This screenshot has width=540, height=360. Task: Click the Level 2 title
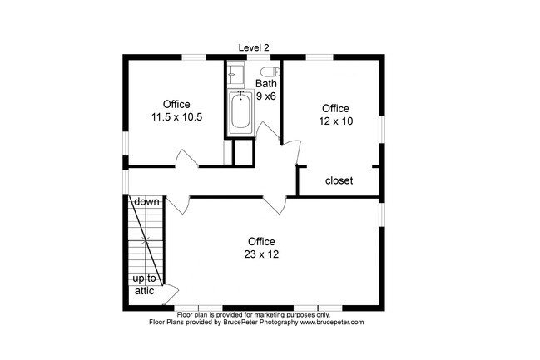(x=254, y=47)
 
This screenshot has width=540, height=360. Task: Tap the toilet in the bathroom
(x=270, y=72)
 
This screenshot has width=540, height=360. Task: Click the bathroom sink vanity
(x=235, y=74)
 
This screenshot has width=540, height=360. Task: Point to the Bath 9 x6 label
(x=266, y=90)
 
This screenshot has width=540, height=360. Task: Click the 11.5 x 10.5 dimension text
(x=176, y=117)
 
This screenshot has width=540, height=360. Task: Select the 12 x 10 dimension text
(x=336, y=121)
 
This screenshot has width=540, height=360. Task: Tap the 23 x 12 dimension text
(x=261, y=254)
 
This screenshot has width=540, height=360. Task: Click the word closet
(x=339, y=180)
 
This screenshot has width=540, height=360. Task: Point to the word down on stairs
(x=146, y=201)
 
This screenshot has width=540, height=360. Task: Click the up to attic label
(x=144, y=284)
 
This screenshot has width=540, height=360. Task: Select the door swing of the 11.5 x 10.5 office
(x=187, y=159)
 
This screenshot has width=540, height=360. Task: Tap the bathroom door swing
(x=267, y=131)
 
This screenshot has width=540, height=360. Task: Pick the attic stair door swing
(x=171, y=294)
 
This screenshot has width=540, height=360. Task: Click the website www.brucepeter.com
(x=332, y=322)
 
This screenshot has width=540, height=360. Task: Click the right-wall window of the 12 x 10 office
(x=382, y=129)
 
